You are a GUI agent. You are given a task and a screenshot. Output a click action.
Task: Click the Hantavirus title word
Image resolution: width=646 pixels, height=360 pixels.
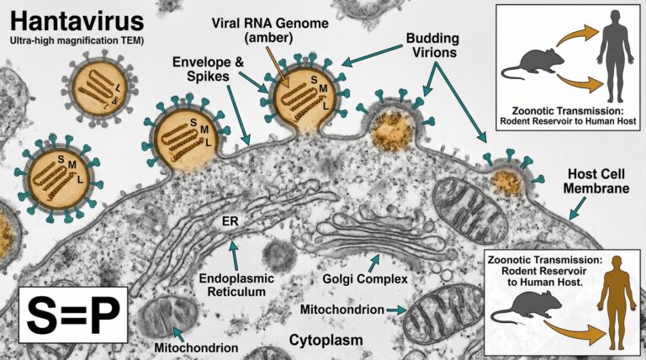77,20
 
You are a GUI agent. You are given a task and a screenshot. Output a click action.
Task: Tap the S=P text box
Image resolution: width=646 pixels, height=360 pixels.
73,315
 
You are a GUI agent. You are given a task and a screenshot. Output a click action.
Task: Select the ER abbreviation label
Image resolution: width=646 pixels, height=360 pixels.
230,221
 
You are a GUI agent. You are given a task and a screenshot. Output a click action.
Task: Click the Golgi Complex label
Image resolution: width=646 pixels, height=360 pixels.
365,279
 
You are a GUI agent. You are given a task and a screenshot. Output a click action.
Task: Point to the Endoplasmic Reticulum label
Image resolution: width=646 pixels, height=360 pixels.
236,285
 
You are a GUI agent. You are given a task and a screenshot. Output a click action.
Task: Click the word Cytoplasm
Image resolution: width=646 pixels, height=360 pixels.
326,340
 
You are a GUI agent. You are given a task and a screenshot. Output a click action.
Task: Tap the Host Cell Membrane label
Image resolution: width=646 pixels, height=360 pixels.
596,181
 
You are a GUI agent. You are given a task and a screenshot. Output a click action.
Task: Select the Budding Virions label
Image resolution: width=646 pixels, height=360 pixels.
432,45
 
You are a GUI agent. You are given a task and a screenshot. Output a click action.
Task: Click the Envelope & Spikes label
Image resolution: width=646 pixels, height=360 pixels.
208,69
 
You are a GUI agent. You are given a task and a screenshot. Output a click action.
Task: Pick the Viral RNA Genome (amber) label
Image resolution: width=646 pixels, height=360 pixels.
270,29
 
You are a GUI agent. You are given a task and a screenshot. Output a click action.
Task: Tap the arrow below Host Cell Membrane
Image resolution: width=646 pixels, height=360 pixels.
578,208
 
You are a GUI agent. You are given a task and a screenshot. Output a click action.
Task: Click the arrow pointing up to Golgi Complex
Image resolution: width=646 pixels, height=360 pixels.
374,262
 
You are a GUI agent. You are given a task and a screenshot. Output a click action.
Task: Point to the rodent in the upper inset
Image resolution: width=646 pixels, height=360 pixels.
532,65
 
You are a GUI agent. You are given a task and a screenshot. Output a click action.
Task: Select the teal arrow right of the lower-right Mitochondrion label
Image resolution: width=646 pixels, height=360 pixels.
395,310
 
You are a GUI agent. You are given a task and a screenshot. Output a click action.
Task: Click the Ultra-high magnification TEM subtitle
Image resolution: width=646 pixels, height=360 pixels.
77,40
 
